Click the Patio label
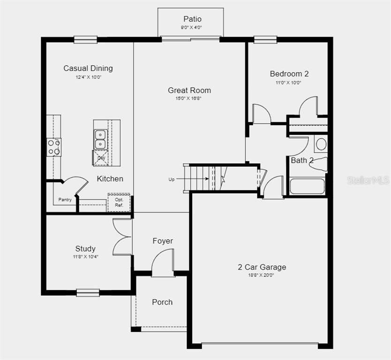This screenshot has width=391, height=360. tap(192, 19)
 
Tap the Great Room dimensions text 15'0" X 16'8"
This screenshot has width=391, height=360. tap(188, 98)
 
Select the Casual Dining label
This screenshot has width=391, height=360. tap(88, 68)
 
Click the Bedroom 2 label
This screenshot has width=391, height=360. tap(289, 74)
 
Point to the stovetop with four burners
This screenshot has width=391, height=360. tap(54, 147)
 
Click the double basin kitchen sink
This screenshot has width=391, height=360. tap(100, 139)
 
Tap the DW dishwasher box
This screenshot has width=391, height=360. tap(101, 158)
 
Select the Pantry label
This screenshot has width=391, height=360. tap(65, 200)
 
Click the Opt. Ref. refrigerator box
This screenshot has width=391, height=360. tap(119, 202)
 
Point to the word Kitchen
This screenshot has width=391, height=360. tap(110, 179)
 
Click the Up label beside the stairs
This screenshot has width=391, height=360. tap(171, 180)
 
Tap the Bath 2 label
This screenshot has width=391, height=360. tap(302, 160)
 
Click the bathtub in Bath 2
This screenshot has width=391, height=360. tap(307, 187)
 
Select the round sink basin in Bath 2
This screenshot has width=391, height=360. tap(321, 144)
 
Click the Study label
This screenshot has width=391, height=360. tap(85, 248)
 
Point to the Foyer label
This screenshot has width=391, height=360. tap(163, 241)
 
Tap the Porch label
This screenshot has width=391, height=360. tap(162, 302)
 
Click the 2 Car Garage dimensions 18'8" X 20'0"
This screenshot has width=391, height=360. tap(261, 275)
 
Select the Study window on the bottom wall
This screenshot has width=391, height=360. tap(88, 292)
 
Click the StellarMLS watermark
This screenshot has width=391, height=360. tap(368, 180)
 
